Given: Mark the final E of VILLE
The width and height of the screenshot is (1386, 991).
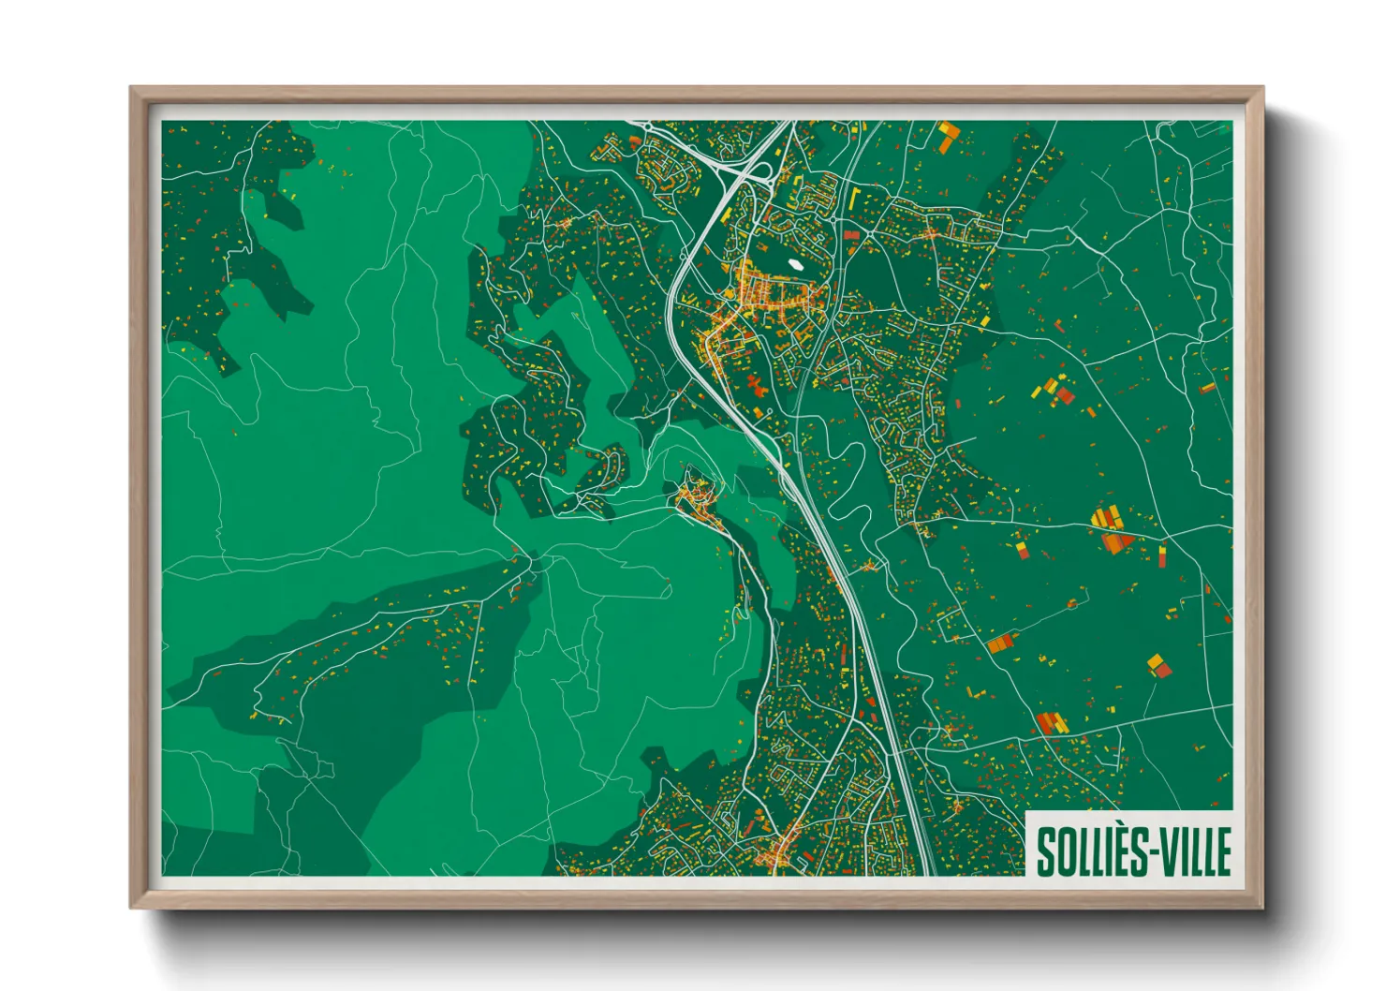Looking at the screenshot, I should coord(1222,851).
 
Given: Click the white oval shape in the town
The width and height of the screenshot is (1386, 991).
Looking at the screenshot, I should coord(795,264).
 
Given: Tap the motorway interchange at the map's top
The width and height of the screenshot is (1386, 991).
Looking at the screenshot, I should coord(745,169).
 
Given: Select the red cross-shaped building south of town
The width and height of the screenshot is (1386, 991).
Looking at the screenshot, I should coord(756,385).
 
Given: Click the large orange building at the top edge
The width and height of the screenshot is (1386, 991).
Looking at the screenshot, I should coord(947,136).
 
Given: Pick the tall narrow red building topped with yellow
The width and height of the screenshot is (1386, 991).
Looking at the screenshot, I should coord(1162,556).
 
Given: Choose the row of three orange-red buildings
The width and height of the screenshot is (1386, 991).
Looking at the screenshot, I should coord(1052,723).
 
